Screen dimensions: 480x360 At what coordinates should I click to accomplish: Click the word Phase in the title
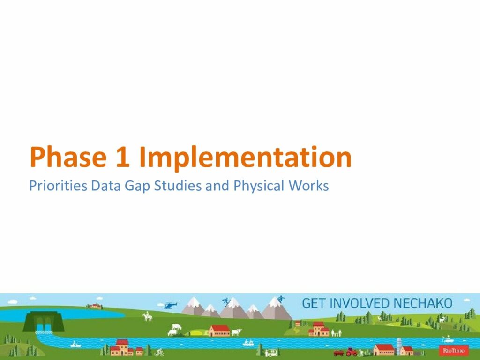pos(68,157)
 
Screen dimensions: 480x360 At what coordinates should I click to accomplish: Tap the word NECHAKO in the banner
pos(423,303)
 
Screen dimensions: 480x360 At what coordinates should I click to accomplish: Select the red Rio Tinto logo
pos(454,350)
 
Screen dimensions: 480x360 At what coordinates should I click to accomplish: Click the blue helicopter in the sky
pos(170,305)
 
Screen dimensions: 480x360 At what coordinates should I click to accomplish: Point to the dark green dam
pos(44,322)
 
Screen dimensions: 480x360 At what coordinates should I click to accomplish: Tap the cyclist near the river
pos(159,352)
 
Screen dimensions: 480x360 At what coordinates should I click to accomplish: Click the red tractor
pos(351,352)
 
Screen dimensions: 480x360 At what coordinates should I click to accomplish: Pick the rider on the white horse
pos(148,316)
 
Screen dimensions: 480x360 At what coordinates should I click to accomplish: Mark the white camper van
pos(271,352)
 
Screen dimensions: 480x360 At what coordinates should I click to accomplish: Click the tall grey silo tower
pos(399,346)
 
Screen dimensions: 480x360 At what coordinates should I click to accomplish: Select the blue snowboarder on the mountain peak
pos(280,299)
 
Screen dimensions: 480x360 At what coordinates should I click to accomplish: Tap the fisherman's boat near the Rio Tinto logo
pos(448,339)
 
